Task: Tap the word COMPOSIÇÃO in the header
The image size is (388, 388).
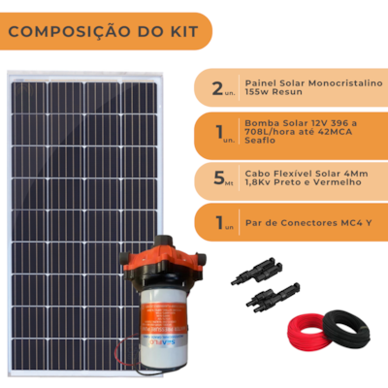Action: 70,32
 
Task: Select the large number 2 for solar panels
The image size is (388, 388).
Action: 217,88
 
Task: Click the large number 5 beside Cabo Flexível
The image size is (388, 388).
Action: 219,178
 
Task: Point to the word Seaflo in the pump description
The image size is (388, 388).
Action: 260,141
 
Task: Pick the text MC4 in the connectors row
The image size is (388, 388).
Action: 352,223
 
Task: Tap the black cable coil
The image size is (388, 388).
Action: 346,329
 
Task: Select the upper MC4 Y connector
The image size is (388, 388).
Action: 257,271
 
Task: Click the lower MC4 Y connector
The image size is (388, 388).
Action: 273,298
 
